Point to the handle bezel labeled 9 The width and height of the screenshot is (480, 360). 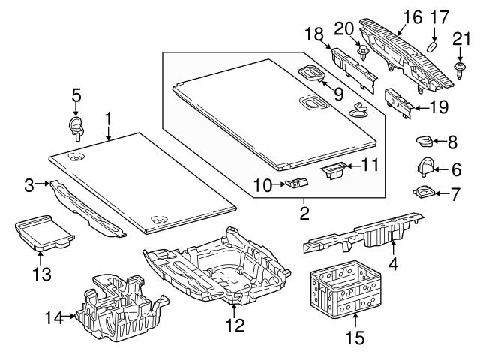(x=310, y=72)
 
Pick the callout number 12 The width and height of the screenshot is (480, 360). (x=235, y=325)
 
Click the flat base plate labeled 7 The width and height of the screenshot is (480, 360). (x=424, y=194)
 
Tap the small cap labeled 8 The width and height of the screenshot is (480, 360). (x=424, y=140)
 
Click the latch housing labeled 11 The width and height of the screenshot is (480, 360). (x=334, y=171)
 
